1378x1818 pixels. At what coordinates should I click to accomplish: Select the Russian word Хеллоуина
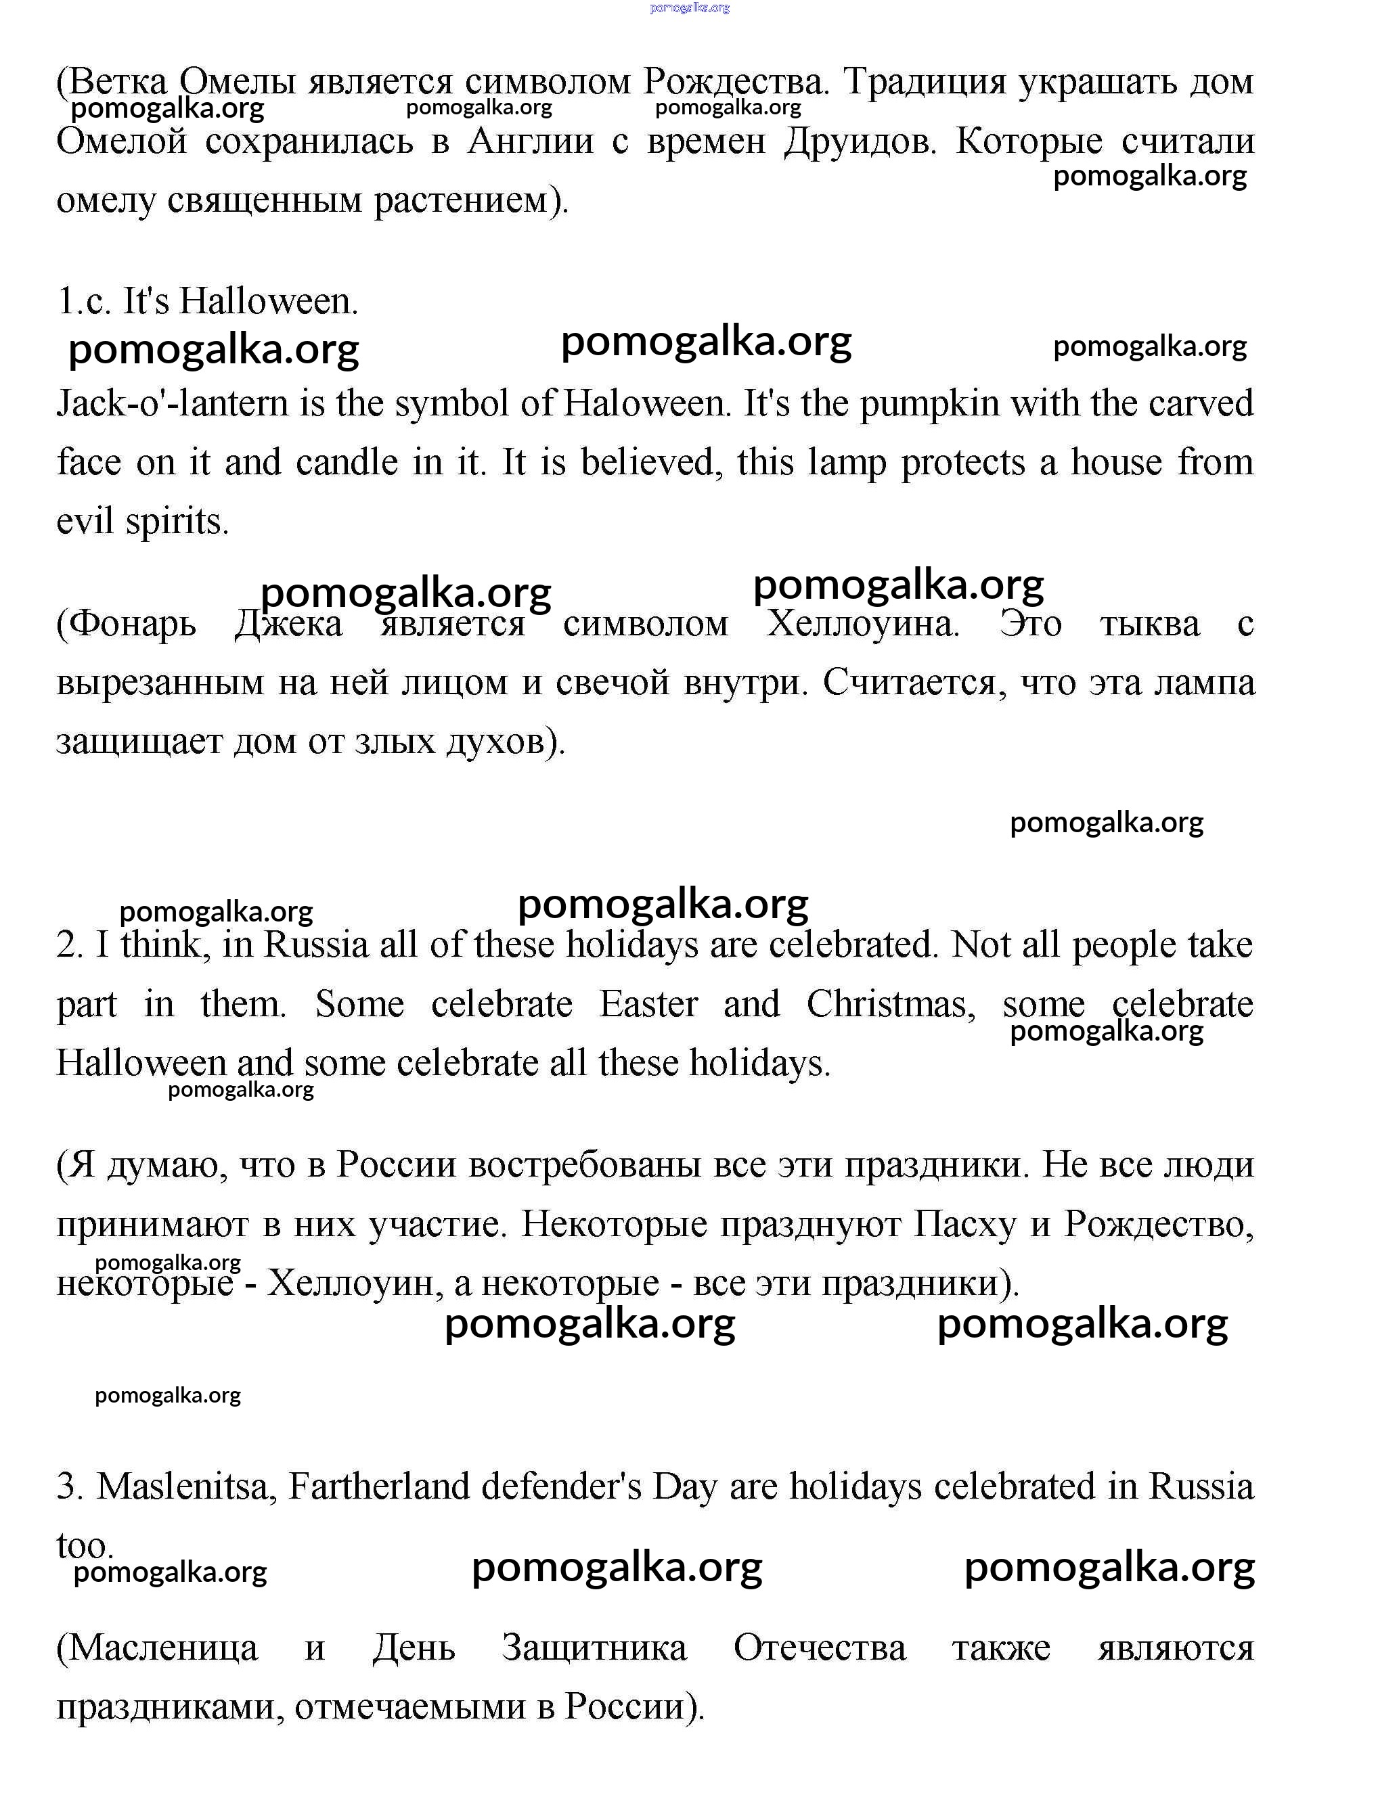point(864,624)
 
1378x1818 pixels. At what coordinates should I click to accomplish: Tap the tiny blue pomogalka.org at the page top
point(689,8)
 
